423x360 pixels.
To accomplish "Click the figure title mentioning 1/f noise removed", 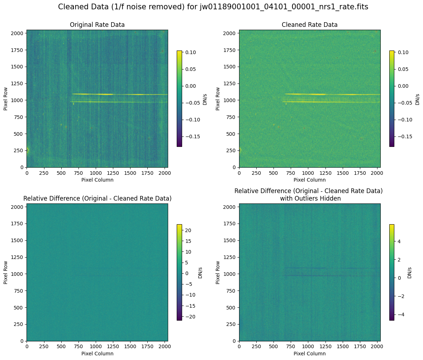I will pyautogui.click(x=213, y=7).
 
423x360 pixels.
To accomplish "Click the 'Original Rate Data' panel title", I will pyautogui.click(x=97, y=25).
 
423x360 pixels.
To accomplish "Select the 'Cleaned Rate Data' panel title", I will pyautogui.click(x=310, y=25).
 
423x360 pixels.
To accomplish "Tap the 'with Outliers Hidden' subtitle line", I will pyautogui.click(x=309, y=198).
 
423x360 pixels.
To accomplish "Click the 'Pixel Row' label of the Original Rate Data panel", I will pyautogui.click(x=6, y=98).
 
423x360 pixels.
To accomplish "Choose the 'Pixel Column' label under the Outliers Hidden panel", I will pyautogui.click(x=310, y=354).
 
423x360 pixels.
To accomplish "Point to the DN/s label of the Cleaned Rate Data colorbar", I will pyautogui.click(x=417, y=98).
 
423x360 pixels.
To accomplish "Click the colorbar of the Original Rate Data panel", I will pyautogui.click(x=179, y=99).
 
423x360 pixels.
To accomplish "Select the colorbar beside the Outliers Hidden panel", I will pyautogui.click(x=392, y=272).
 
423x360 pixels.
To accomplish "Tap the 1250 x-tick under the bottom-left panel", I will pyautogui.click(x=113, y=346).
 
